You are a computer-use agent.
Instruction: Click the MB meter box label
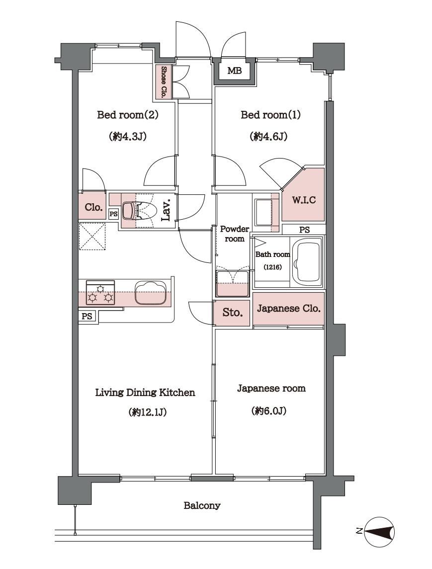(235, 71)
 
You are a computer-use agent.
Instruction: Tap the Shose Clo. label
(164, 82)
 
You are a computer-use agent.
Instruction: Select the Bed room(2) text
(128, 115)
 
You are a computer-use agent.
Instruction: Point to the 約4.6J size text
(268, 137)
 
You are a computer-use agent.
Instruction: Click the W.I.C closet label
(304, 200)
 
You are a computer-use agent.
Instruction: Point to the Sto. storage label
(232, 313)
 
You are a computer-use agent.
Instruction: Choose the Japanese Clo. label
(289, 309)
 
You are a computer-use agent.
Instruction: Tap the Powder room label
(235, 234)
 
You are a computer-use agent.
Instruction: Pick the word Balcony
(202, 505)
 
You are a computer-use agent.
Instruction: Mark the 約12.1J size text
(147, 412)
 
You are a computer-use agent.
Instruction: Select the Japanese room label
(271, 388)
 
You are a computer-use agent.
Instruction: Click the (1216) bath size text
(272, 267)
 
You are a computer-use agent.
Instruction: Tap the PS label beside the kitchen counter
(87, 317)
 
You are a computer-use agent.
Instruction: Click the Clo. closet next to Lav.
(93, 208)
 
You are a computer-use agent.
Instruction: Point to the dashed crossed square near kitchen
(92, 237)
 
